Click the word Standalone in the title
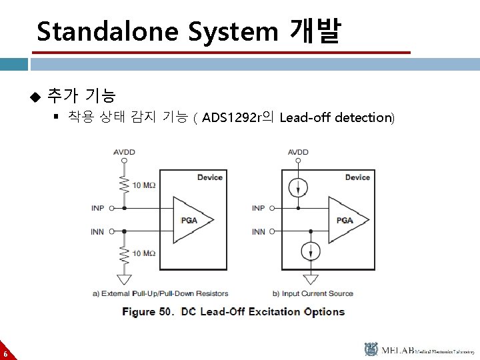point(108,31)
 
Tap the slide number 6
point(5,353)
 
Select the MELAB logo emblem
point(371,349)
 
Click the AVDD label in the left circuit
point(124,153)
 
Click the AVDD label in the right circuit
point(298,153)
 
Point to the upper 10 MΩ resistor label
point(144,185)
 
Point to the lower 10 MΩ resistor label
point(144,253)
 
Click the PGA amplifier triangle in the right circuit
point(347,219)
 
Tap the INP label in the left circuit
point(98,208)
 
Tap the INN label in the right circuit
point(258,231)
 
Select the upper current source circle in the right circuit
point(298,187)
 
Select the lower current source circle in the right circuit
point(311,251)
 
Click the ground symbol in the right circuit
point(311,279)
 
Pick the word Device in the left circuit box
point(210,177)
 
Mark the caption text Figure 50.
point(147,311)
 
